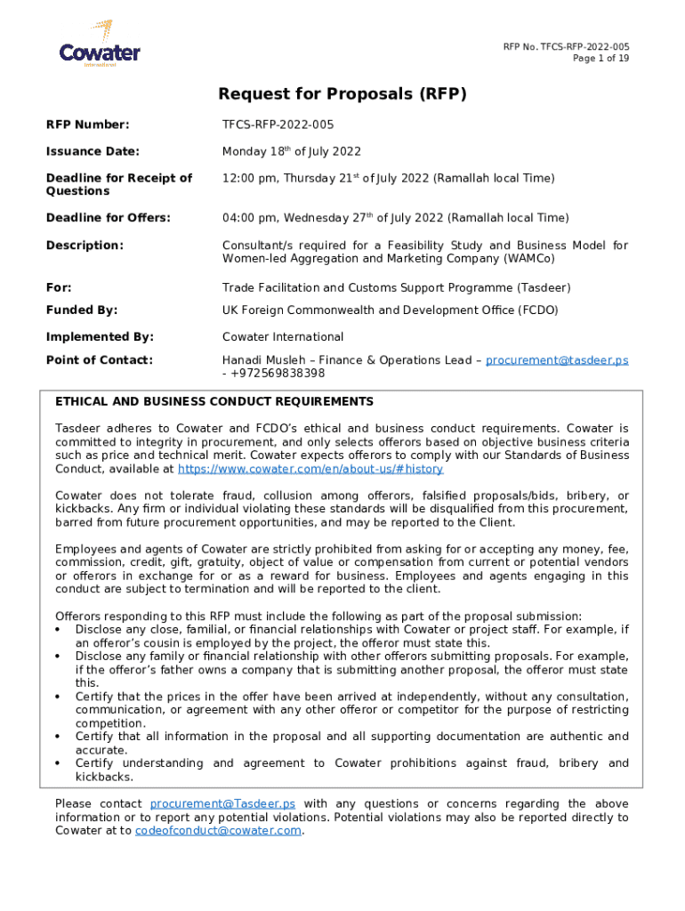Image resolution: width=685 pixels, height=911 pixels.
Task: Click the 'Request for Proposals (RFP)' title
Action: click(x=342, y=94)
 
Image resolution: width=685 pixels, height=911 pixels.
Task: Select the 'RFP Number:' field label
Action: click(x=88, y=125)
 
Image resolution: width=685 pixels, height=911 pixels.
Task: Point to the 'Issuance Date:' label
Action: click(x=93, y=151)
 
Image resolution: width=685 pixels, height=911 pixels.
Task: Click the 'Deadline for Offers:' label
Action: click(x=109, y=218)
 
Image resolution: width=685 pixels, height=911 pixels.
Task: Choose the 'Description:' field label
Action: click(x=85, y=245)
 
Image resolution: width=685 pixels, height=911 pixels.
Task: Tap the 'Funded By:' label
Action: click(x=82, y=310)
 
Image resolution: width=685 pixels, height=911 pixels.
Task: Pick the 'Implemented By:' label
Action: click(x=100, y=337)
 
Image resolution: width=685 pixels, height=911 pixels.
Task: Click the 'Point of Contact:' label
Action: click(x=100, y=360)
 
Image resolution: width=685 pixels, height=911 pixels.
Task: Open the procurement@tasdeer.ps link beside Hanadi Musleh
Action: click(x=557, y=360)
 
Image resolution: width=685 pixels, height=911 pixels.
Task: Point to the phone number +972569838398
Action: click(x=278, y=374)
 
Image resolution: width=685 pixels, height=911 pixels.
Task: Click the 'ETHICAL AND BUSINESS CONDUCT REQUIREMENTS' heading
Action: click(x=214, y=402)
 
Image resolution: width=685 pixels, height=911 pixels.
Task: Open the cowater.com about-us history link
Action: click(x=310, y=469)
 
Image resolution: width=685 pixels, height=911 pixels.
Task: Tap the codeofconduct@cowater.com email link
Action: click(x=218, y=831)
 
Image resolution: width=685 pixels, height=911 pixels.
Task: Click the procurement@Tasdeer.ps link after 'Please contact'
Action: click(x=222, y=804)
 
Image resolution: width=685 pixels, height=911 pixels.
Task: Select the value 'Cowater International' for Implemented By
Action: click(x=282, y=337)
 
